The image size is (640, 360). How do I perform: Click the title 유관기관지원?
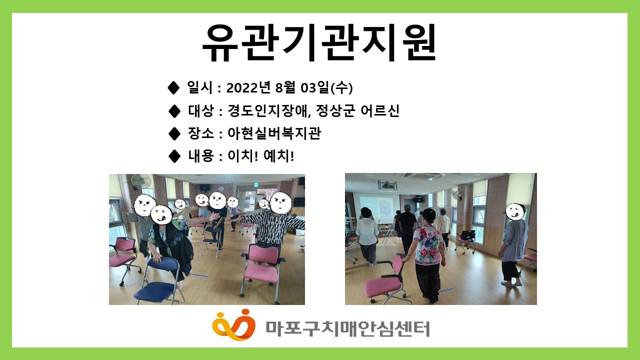point(319,43)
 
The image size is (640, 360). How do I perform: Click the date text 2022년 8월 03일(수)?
point(289,87)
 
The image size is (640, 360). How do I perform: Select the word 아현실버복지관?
point(274,133)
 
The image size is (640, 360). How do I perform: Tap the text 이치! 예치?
point(261,156)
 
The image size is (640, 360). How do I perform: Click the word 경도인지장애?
point(268,110)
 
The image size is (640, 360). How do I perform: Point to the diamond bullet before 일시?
point(173,87)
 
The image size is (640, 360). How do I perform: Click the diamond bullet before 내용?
point(174,156)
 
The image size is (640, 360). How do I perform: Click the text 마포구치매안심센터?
point(347,329)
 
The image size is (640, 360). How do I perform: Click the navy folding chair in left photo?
point(160,280)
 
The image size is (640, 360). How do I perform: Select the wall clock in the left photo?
point(221,189)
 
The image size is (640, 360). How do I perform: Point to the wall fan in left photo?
point(141,181)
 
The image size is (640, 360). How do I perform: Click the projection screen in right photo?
point(377,208)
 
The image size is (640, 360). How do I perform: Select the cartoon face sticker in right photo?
point(515,211)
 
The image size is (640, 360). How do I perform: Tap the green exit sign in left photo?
point(256,184)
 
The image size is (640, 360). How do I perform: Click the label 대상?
point(201,110)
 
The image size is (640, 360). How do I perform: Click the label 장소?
point(201,133)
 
